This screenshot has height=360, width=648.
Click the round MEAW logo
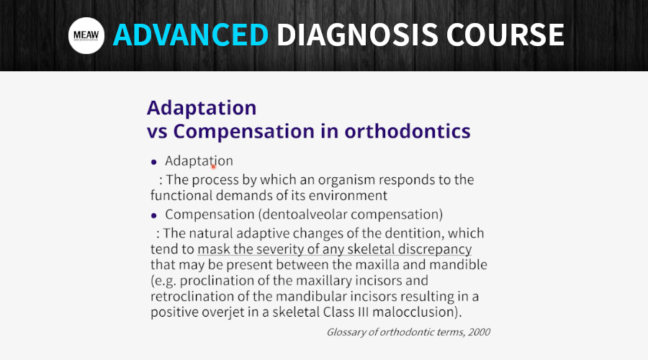(86, 35)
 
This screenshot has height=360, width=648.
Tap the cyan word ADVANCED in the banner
(191, 35)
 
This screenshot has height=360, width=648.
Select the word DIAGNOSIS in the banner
(357, 35)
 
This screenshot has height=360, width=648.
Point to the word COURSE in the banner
(505, 35)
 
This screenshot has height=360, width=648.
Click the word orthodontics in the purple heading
(408, 131)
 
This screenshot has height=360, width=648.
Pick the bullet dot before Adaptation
(154, 162)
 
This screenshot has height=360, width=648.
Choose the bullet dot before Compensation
(154, 215)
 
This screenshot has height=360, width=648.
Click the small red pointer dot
(214, 166)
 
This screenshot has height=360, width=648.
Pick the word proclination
(217, 281)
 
